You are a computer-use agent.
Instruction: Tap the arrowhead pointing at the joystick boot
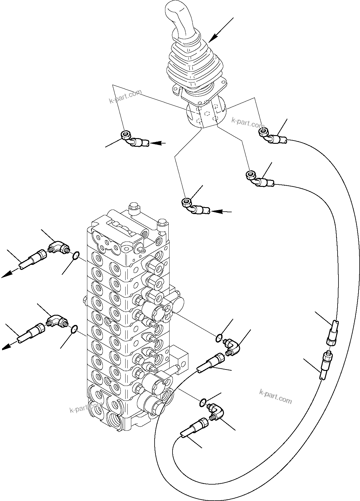click(x=212, y=39)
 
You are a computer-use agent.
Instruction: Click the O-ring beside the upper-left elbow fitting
click(x=76, y=255)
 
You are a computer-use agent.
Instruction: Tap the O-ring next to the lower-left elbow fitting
click(x=75, y=328)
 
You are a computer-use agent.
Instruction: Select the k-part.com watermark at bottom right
click(x=275, y=396)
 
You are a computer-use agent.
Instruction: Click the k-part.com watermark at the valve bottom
click(x=86, y=408)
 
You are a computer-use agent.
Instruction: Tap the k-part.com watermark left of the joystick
click(x=125, y=96)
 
